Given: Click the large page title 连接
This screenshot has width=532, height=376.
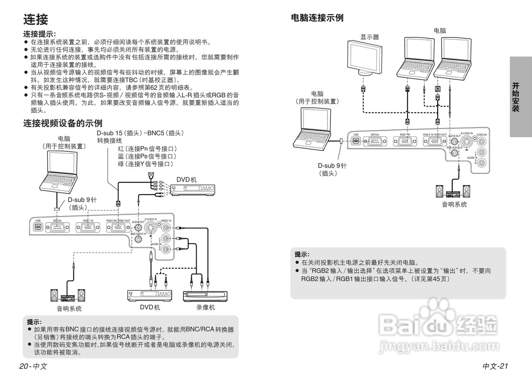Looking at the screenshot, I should click(x=36, y=20).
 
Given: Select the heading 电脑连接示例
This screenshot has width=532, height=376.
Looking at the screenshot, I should click(x=317, y=18).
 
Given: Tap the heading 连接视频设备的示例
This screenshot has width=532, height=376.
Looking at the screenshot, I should click(x=63, y=123).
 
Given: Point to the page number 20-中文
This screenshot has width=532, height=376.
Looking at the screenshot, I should click(x=33, y=366).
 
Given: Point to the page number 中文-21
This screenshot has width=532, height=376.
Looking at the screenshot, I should click(x=495, y=366).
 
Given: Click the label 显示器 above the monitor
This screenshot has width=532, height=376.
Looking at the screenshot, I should click(x=369, y=37).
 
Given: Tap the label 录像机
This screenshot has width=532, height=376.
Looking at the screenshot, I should click(x=206, y=307).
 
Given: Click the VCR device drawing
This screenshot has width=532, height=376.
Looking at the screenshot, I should click(x=205, y=296).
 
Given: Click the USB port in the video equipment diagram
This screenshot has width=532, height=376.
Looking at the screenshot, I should click(x=38, y=228).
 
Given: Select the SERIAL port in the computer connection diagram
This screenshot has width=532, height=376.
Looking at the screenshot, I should click(x=372, y=141).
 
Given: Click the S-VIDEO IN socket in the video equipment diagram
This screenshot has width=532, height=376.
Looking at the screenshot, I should click(x=150, y=228).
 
